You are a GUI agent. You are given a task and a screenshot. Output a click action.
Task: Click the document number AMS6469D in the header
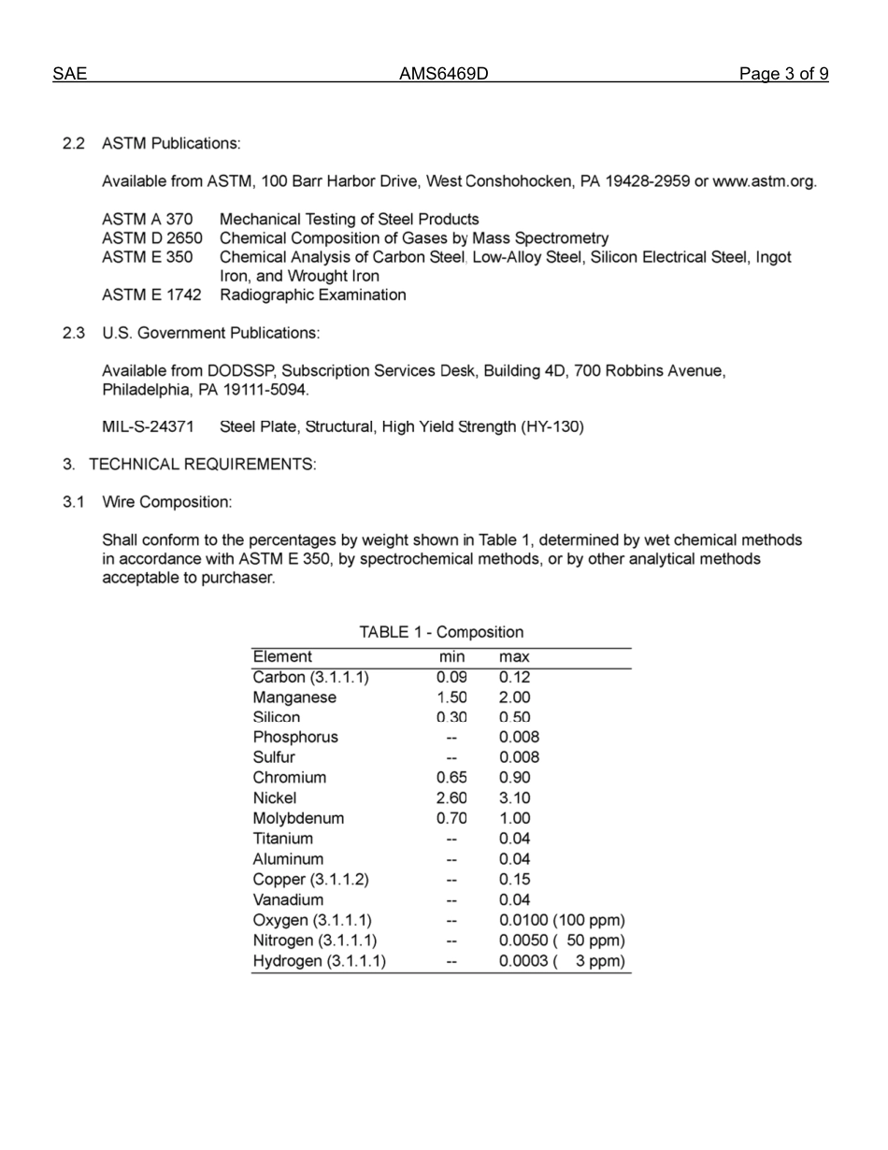tap(444, 74)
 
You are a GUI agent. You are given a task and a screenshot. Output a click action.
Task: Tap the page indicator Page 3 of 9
tap(783, 74)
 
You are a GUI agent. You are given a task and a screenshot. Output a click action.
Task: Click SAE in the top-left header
tap(69, 74)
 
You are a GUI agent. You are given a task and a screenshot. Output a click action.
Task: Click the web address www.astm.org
tap(764, 181)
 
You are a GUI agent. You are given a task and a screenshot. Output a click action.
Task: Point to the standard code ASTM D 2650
tap(151, 238)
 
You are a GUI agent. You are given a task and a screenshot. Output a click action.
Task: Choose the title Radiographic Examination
tap(312, 295)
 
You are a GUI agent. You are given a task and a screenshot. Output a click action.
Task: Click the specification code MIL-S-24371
tap(148, 427)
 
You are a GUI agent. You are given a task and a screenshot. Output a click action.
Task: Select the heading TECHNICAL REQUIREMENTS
tap(202, 465)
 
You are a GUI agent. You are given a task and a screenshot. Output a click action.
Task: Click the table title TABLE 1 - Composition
tap(441, 632)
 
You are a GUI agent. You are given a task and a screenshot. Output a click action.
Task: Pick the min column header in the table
tap(451, 657)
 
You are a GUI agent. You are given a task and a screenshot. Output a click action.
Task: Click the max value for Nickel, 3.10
tap(514, 798)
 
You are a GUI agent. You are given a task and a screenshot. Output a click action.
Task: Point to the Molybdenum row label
tap(298, 818)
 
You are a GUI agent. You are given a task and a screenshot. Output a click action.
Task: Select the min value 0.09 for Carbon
tap(451, 677)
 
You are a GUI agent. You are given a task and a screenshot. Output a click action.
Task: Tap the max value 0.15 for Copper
tap(514, 880)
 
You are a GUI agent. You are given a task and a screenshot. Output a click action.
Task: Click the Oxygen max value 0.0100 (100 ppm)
tap(562, 921)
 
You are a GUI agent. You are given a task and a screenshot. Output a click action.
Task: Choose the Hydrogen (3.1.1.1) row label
tap(319, 961)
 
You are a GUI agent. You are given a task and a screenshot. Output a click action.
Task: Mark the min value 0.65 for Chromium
tap(451, 778)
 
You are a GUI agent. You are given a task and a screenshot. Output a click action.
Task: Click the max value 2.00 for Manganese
tap(514, 697)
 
